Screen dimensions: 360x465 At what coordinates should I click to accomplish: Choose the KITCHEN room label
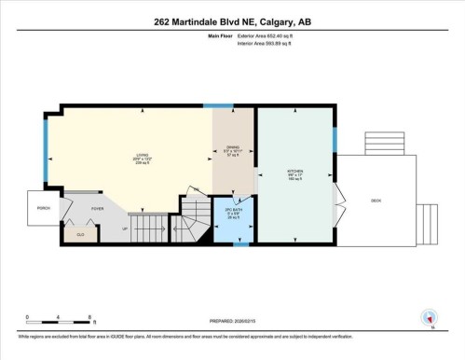tap(295, 172)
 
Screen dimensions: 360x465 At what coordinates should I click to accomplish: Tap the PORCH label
tap(43, 208)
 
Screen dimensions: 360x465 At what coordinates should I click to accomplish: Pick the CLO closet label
tap(80, 233)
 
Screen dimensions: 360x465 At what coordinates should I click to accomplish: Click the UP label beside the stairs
tap(126, 227)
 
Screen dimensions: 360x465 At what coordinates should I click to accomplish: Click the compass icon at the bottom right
tap(429, 318)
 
